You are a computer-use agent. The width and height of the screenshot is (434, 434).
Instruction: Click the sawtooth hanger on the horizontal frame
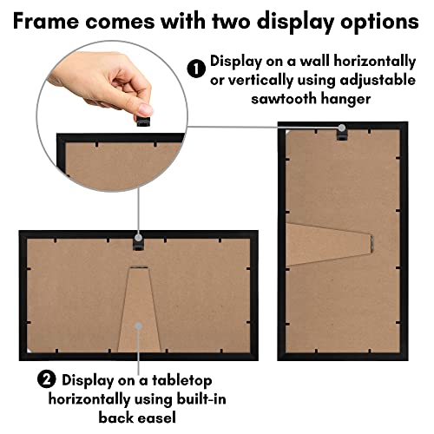(x=137, y=240)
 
